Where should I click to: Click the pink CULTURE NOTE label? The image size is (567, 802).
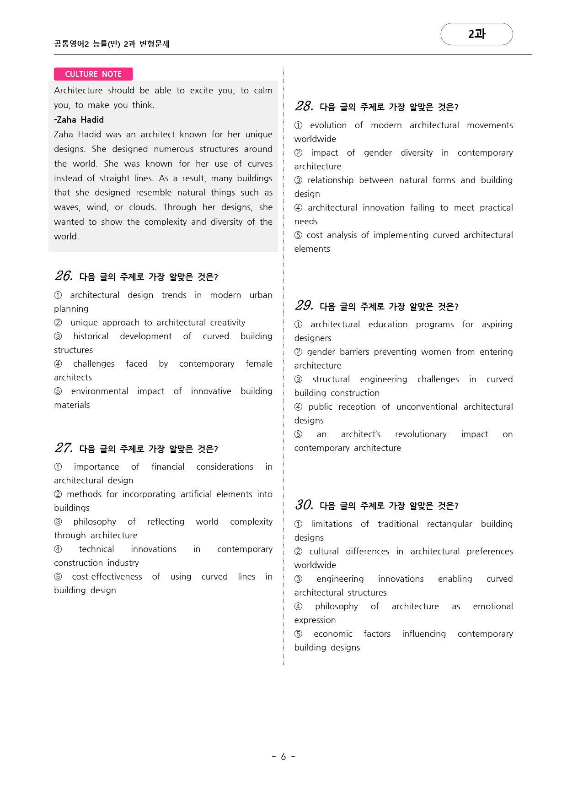coord(93,74)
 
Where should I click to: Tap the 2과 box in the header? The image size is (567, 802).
coord(476,34)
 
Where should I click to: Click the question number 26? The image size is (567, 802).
coord(64,276)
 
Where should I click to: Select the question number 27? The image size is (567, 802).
coord(64,448)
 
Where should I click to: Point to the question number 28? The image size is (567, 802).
coord(304,107)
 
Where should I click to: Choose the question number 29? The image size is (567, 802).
coord(304,306)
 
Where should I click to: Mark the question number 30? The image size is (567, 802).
coord(304,505)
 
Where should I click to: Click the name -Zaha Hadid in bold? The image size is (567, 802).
coord(79,120)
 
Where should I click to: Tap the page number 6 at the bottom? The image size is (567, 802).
coord(283,757)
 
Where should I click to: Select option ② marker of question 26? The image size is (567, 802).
coord(58,323)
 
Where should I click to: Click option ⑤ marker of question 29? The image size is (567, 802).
coord(299,434)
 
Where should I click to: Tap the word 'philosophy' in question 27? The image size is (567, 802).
coord(95,522)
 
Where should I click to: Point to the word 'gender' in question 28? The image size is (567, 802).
coord(378,153)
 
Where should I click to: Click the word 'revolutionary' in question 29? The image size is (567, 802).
coord(421,434)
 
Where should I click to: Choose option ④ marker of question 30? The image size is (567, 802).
coord(299,607)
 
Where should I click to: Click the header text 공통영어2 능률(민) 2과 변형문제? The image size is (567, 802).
coord(112,44)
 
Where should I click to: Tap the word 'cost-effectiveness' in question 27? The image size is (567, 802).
coord(107,577)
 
